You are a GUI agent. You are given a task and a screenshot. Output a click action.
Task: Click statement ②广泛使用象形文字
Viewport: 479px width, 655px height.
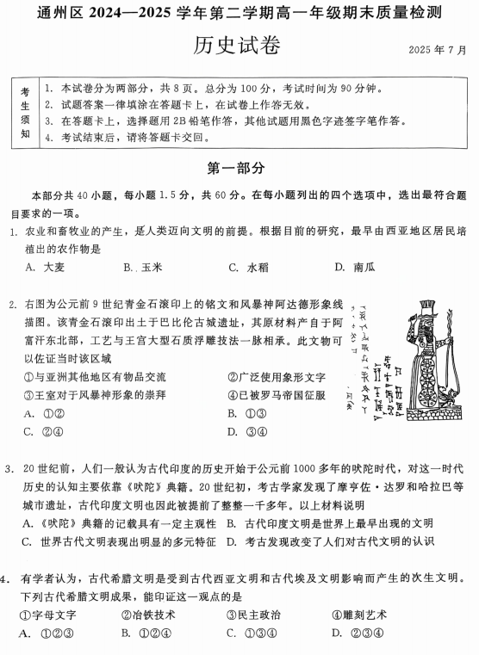(276, 377)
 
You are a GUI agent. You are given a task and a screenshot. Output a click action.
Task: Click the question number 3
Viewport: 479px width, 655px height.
(9, 470)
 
